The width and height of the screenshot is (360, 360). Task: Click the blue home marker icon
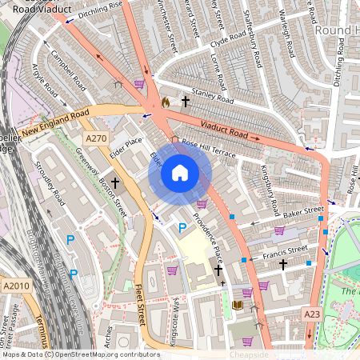pos(180,173)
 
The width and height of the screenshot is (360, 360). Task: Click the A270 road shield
pos(96,138)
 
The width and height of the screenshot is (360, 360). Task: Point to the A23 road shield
pos(312,315)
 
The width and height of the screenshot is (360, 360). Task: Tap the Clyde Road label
pos(226,39)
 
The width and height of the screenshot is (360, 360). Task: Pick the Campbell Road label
pos(68,70)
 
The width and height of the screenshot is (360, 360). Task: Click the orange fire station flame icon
pos(165,102)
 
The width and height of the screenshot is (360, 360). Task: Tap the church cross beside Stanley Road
pos(186,102)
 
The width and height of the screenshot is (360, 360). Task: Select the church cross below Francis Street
pos(282,265)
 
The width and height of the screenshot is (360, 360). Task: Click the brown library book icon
pos(237,306)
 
